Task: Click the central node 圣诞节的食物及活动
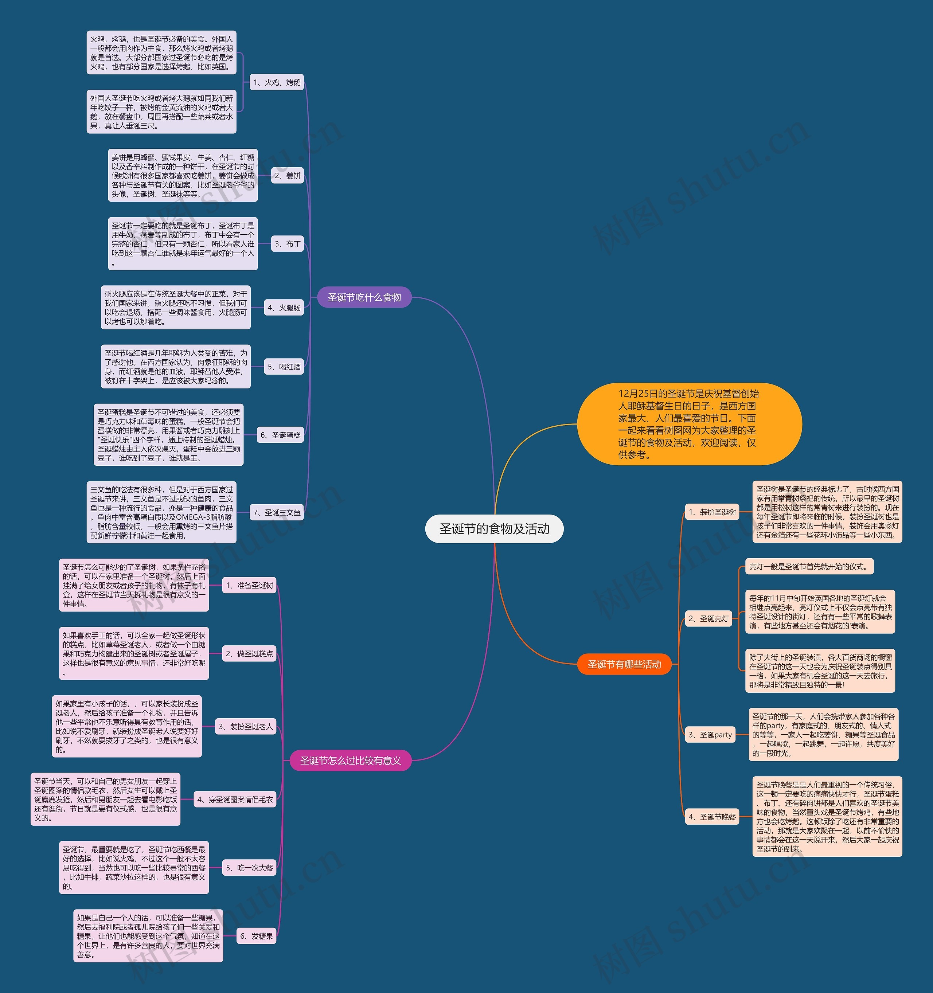[x=494, y=528]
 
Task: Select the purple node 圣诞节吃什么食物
[x=364, y=297]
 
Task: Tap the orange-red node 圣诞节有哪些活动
[x=624, y=664]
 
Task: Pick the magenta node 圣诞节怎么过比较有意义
[x=350, y=760]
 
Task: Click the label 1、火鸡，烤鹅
[x=277, y=82]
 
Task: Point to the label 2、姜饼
[x=288, y=175]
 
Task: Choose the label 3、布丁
[x=288, y=244]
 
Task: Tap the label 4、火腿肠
[x=284, y=308]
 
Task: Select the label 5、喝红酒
[x=284, y=367]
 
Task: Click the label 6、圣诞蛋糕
[x=280, y=435]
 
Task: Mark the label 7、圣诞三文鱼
[x=277, y=512]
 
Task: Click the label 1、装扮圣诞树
[x=712, y=512]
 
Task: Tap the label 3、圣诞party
[x=710, y=735]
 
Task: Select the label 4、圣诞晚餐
[x=712, y=817]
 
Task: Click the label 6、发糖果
[x=257, y=936]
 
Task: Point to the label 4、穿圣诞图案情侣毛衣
[x=235, y=800]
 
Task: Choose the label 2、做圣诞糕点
[x=249, y=653]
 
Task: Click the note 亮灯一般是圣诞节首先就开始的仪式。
[x=809, y=566]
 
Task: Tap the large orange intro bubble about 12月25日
[x=689, y=424]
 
